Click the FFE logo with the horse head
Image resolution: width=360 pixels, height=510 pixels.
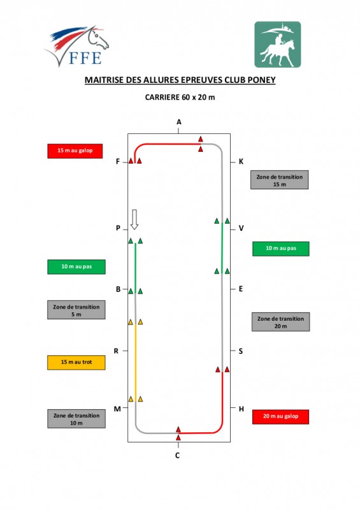point(76,46)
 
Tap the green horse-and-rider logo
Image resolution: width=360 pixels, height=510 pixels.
point(277,45)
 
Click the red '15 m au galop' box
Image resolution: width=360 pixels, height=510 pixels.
point(75,151)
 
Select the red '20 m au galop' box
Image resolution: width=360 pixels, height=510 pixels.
point(280,416)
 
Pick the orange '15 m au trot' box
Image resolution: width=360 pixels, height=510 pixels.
point(76,362)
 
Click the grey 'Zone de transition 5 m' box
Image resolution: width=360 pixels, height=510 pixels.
point(76,310)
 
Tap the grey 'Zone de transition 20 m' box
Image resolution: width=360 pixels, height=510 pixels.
point(280,322)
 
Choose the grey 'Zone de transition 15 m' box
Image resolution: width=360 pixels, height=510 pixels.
point(279,180)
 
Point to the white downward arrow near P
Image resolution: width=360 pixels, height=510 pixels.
point(134,219)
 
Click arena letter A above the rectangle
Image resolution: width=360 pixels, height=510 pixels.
point(179,122)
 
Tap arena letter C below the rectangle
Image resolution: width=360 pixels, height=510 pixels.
point(178,455)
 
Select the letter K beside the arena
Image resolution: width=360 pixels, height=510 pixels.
point(241,162)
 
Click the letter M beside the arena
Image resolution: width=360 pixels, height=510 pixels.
point(117,409)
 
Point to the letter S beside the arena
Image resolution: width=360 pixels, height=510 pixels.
point(241,351)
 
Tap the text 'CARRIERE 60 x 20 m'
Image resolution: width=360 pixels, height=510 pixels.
point(180,98)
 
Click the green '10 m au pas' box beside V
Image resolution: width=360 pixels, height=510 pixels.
point(281,249)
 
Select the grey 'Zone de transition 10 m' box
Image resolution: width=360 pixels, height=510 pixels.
point(76,419)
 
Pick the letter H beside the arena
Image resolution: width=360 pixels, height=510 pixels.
point(241,409)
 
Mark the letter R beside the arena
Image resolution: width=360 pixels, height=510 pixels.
point(116,351)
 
